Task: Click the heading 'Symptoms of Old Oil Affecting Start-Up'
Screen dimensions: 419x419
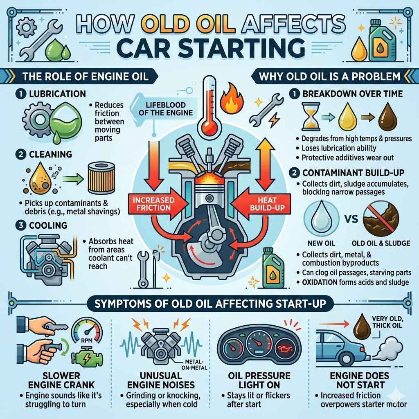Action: (209, 304)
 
